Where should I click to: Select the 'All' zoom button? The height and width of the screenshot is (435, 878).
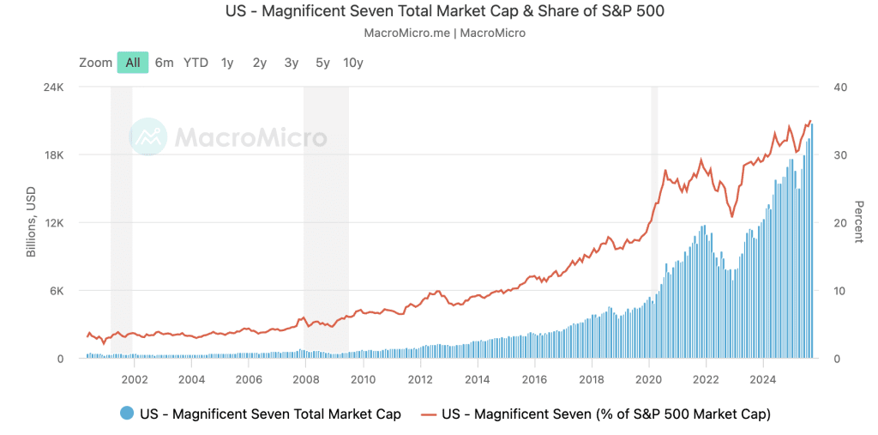click(133, 63)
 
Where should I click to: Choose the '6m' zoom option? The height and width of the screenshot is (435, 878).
click(165, 63)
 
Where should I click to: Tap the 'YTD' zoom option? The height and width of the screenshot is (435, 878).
click(195, 63)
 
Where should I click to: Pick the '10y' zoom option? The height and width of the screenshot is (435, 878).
click(352, 63)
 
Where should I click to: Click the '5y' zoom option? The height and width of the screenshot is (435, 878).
click(322, 63)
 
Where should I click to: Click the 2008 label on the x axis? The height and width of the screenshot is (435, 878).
click(306, 378)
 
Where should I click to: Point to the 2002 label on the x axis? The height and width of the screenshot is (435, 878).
click(135, 378)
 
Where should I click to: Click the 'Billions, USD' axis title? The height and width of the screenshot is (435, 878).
click(31, 223)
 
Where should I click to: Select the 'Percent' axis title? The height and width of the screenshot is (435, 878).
click(858, 222)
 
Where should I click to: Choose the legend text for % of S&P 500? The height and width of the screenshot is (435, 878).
click(606, 414)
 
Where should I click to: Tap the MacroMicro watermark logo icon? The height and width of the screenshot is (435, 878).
click(147, 136)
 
